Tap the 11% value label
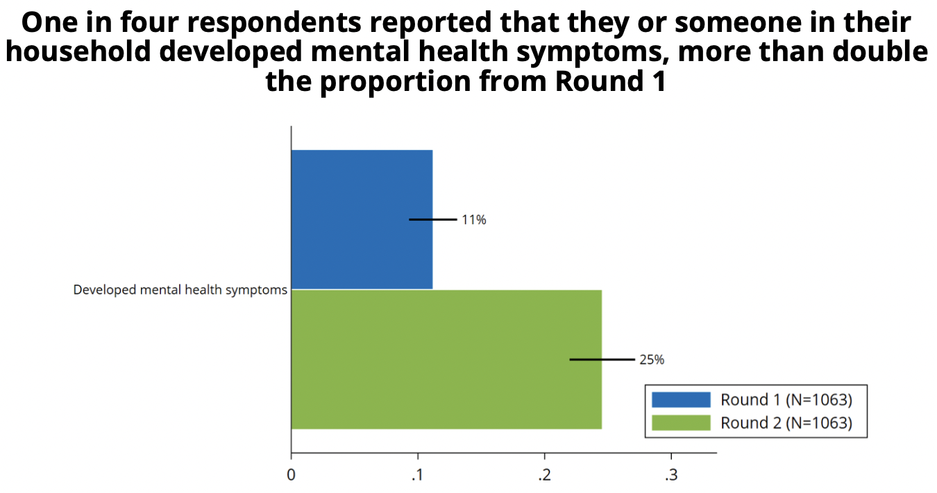[x=474, y=219]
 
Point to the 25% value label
[x=652, y=360]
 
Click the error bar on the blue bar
[x=433, y=219]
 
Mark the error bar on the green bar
[x=602, y=360]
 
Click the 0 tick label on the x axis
[x=291, y=475]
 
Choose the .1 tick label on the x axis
[x=417, y=475]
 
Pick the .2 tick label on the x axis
[x=544, y=475]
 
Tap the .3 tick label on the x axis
[x=671, y=475]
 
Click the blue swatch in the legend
[x=681, y=400]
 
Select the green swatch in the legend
[x=681, y=423]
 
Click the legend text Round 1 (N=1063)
[x=786, y=400]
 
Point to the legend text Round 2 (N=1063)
[x=786, y=423]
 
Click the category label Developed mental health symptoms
[x=180, y=290]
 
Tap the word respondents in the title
[x=274, y=23]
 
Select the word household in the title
[x=78, y=51]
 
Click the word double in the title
[x=881, y=51]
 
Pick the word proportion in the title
[x=396, y=81]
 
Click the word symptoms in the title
[x=593, y=53]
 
